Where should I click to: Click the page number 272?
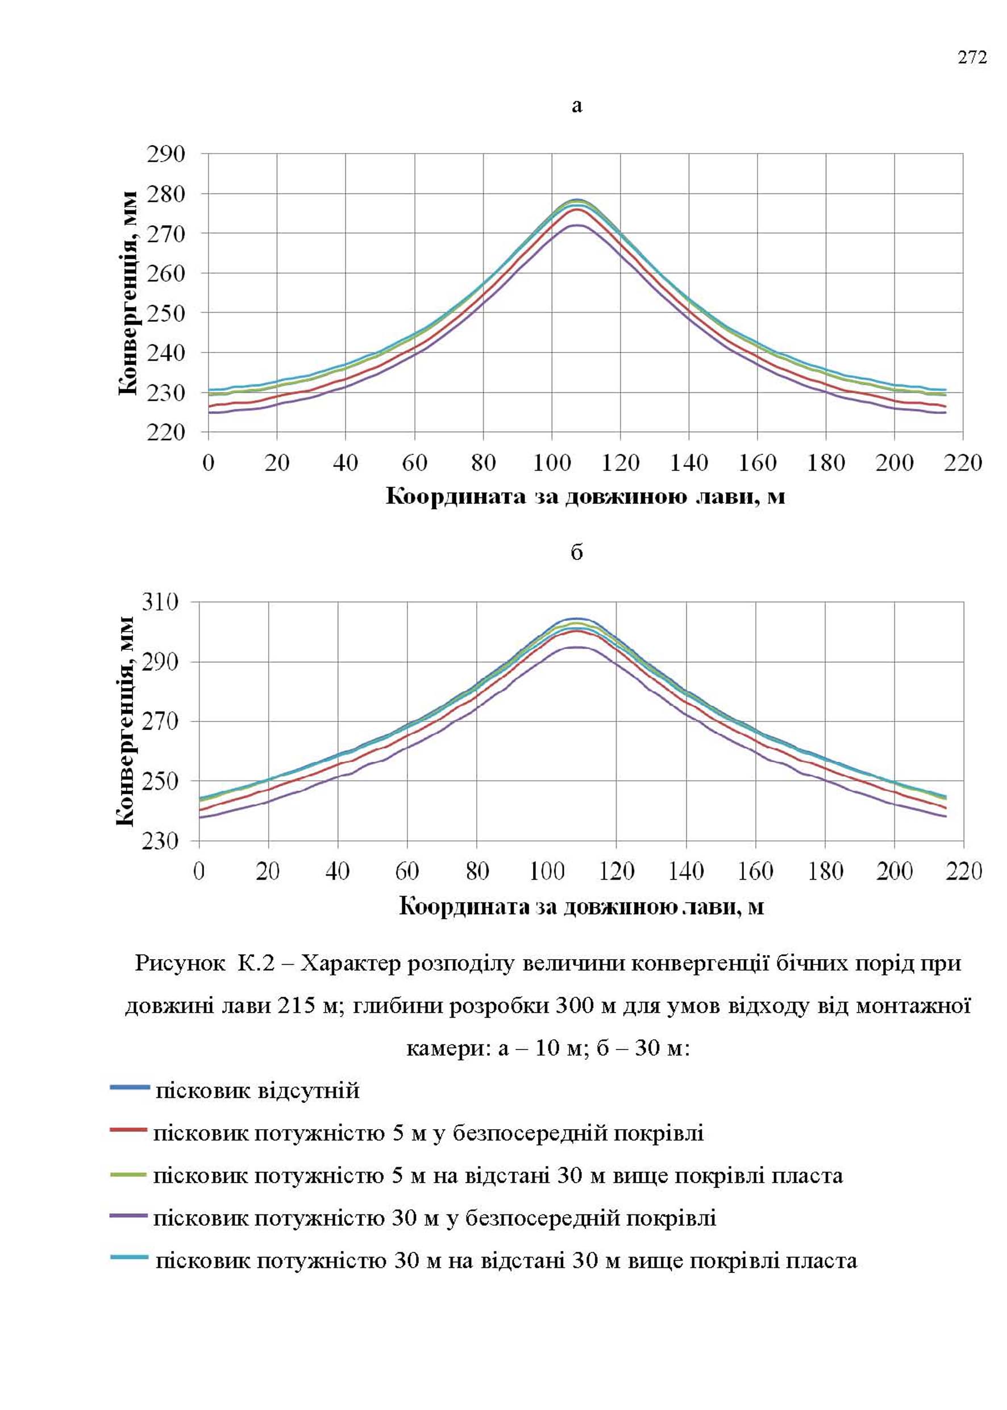pyautogui.click(x=972, y=57)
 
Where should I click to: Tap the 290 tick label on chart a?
pyautogui.click(x=165, y=154)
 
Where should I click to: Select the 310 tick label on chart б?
pyautogui.click(x=160, y=601)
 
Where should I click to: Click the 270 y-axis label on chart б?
pyautogui.click(x=160, y=721)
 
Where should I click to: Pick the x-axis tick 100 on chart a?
pyautogui.click(x=552, y=463)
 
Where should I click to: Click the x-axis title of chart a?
pyautogui.click(x=585, y=496)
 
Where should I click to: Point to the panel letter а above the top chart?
pyautogui.click(x=577, y=107)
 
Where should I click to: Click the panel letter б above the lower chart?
pyautogui.click(x=577, y=552)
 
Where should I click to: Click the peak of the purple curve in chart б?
pyautogui.click(x=578, y=647)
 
